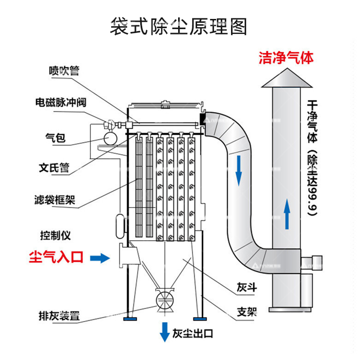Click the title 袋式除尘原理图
pyautogui.click(x=178, y=27)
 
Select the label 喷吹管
pyautogui.click(x=64, y=71)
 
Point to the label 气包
pyautogui.click(x=52, y=139)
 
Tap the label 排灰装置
pyautogui.click(x=59, y=316)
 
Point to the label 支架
pyautogui.click(x=247, y=311)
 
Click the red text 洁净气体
pyautogui.click(x=286, y=58)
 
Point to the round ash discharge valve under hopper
pyautogui.click(x=165, y=299)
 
